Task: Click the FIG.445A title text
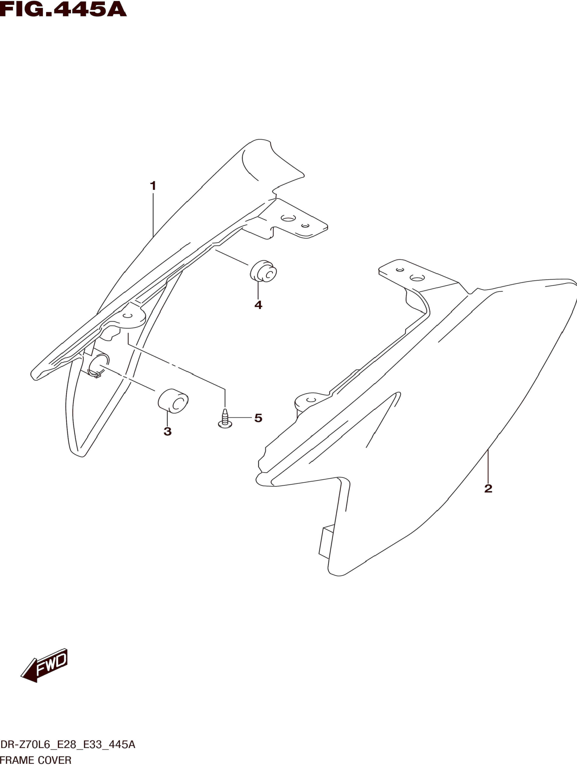pyautogui.click(x=63, y=9)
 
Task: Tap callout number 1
pyautogui.click(x=153, y=186)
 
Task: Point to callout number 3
pyautogui.click(x=167, y=431)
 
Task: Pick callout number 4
pyautogui.click(x=258, y=305)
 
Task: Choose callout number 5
pyautogui.click(x=258, y=418)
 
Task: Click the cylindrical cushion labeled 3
pyautogui.click(x=173, y=401)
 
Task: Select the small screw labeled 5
pyautogui.click(x=225, y=419)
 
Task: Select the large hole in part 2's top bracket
pyautogui.click(x=417, y=278)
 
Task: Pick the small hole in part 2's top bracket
pyautogui.click(x=400, y=270)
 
